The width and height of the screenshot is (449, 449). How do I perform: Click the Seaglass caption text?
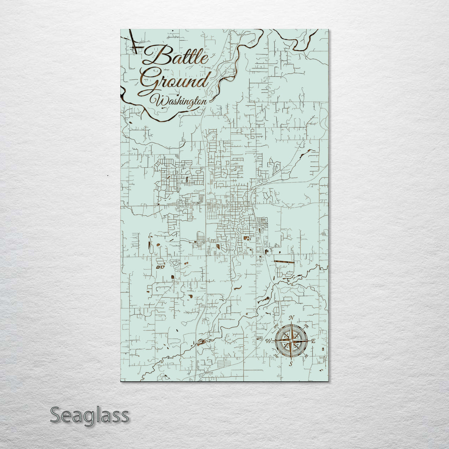click(89, 415)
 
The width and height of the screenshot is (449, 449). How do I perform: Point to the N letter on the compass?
click(291, 318)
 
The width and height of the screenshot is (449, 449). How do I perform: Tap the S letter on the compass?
click(291, 364)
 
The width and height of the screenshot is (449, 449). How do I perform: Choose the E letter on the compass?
click(313, 341)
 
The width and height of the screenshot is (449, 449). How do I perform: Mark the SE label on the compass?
click(306, 356)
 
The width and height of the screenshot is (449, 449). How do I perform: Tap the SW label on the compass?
click(276, 356)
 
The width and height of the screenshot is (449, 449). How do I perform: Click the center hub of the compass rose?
click(291, 341)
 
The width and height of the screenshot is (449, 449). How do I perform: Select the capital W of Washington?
click(158, 100)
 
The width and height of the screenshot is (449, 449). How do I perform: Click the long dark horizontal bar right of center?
click(284, 262)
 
